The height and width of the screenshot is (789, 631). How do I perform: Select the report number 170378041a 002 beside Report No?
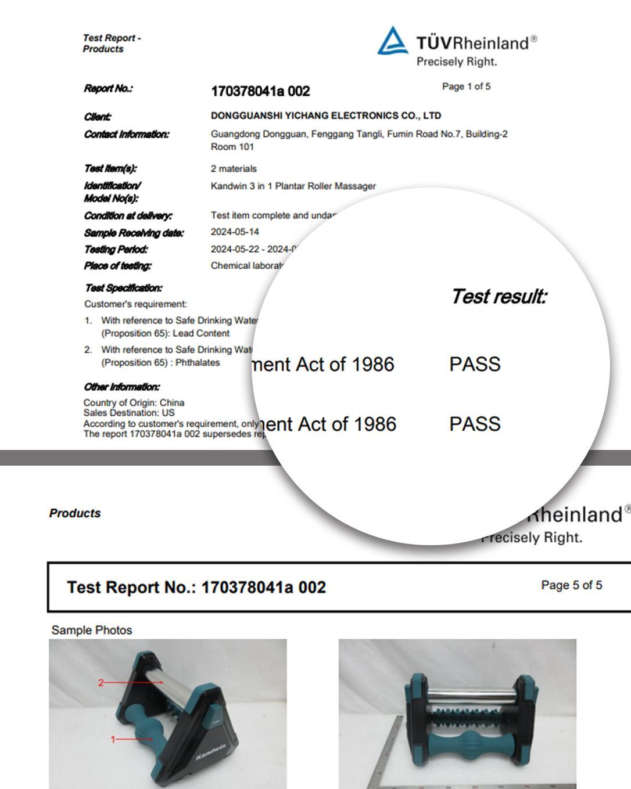[x=260, y=91]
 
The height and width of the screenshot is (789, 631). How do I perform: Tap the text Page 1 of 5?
[x=466, y=87]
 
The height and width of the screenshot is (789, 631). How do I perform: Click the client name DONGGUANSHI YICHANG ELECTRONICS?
[x=325, y=116]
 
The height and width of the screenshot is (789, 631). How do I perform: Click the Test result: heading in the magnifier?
[x=499, y=297]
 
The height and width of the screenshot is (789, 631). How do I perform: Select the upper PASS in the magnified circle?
[x=475, y=365]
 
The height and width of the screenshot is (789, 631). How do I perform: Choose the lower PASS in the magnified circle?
[x=475, y=424]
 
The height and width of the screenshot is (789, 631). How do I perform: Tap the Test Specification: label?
[x=123, y=288]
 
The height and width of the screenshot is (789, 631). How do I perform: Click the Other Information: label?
[x=121, y=387]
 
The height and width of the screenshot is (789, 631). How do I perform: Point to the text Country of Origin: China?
[x=134, y=402]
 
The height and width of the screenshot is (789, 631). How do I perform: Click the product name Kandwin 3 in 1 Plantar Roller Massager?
[x=293, y=186]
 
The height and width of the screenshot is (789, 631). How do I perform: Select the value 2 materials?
[x=234, y=169]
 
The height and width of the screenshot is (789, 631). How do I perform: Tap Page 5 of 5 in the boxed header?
[x=571, y=585]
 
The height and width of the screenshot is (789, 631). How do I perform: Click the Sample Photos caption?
[x=92, y=630]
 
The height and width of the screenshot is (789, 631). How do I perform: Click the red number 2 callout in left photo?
[x=101, y=683]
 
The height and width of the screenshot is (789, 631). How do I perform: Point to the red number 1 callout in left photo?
[x=113, y=739]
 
